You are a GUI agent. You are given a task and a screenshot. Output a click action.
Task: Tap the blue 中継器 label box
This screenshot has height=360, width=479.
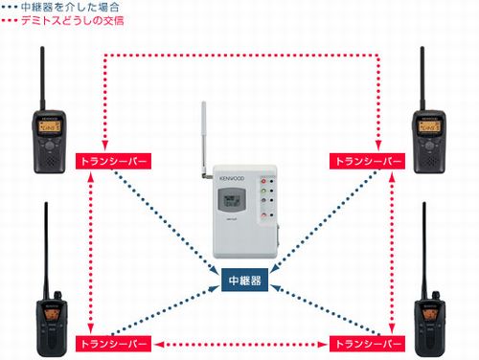tap(240, 282)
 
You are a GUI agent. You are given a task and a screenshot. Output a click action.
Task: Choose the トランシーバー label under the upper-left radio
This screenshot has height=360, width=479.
tap(113, 160)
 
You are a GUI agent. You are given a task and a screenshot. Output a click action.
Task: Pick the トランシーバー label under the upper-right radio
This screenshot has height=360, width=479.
tap(366, 160)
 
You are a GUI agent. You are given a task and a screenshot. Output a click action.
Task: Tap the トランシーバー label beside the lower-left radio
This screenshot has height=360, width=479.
tap(113, 341)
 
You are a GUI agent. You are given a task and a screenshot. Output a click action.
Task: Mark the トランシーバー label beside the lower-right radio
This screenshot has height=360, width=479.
tap(366, 341)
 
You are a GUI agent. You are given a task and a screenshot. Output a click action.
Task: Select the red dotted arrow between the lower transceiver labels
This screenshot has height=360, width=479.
tap(239, 342)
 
